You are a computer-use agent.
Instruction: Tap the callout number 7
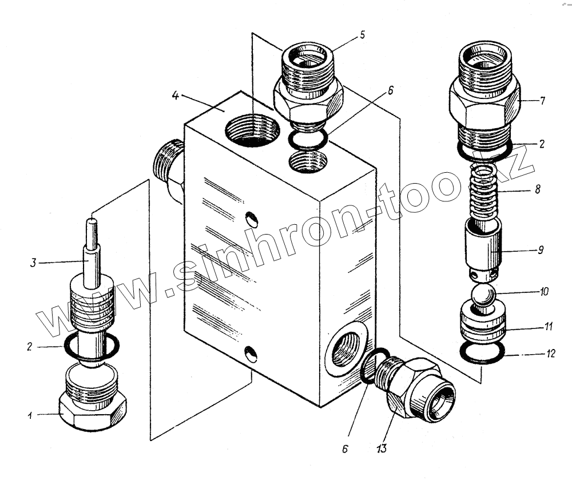pyautogui.click(x=542, y=102)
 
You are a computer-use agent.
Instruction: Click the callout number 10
pyautogui.click(x=543, y=291)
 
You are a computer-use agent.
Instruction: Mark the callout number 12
pyautogui.click(x=550, y=355)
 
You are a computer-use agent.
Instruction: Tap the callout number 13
pyautogui.click(x=382, y=448)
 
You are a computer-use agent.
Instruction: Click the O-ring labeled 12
pyautogui.click(x=482, y=354)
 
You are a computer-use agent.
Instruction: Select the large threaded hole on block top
pyautogui.click(x=253, y=130)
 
